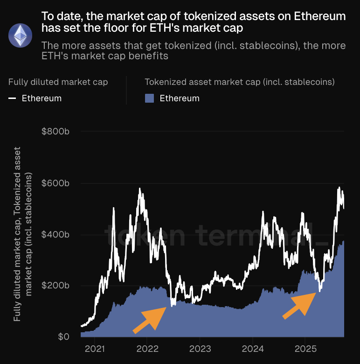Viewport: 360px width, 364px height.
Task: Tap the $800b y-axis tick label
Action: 55,132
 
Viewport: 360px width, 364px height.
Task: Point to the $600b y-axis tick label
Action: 55,183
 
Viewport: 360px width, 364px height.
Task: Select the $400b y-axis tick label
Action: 55,234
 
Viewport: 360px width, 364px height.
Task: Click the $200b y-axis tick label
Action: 55,286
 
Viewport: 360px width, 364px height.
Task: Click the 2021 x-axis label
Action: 95,348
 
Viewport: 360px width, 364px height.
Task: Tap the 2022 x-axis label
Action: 147,348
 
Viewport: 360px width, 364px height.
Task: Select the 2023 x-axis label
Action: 200,348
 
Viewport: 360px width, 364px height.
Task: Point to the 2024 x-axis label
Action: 252,348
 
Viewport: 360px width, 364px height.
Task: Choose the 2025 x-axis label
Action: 305,348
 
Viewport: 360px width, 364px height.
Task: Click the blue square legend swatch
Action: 150,98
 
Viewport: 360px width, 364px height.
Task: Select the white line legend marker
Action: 13,98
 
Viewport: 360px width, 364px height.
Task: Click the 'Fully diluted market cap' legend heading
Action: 58,82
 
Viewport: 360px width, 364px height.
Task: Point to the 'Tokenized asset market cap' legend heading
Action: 240,82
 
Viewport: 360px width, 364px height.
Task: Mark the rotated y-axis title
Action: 23,234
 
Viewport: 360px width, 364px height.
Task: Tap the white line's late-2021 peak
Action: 139,189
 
